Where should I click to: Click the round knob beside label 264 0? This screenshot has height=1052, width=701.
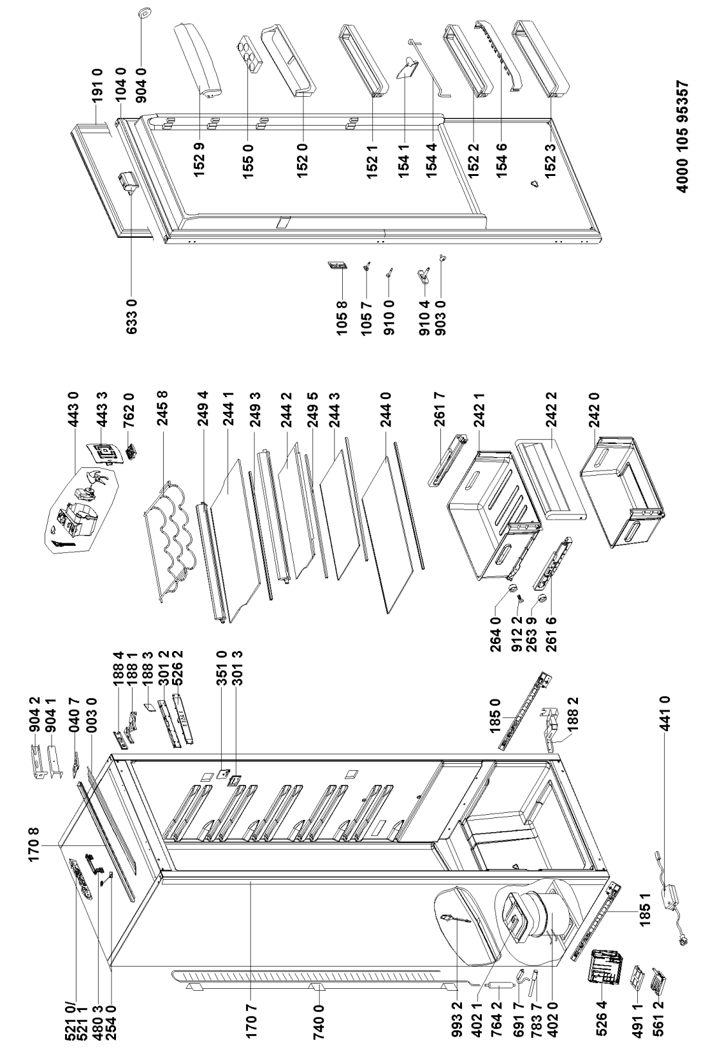pos(514,588)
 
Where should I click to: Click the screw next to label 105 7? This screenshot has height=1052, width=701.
pos(368,270)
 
